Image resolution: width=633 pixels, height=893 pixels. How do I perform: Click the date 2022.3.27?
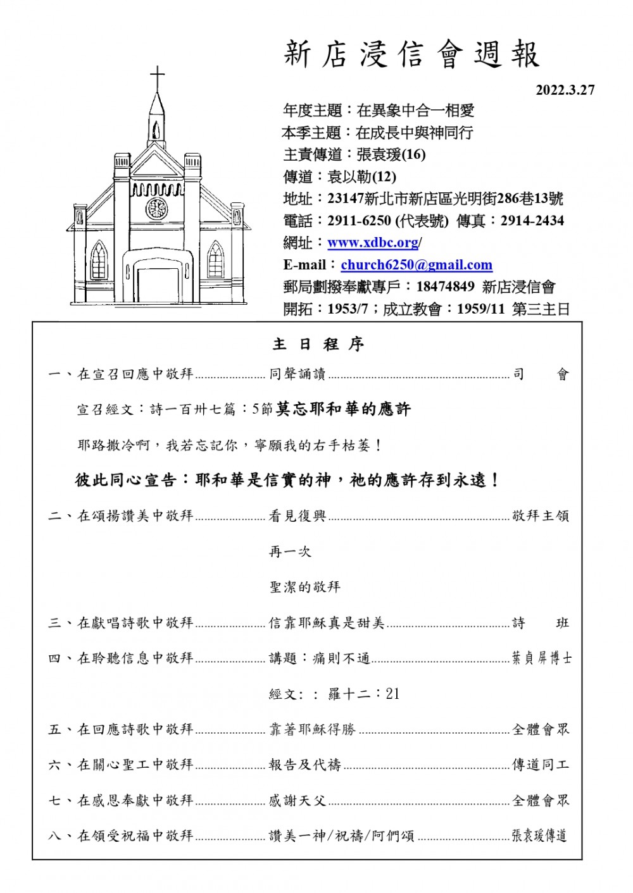tap(565, 90)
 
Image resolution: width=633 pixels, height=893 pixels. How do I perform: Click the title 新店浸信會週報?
tap(411, 54)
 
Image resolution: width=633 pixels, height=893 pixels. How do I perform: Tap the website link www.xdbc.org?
tap(373, 243)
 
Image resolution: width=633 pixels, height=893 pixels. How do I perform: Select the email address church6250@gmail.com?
tap(417, 265)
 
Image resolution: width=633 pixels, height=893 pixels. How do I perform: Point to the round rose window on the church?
tap(156, 208)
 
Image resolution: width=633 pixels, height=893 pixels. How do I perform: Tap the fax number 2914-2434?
tap(532, 221)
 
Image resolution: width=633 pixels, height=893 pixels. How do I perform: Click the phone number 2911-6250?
tap(359, 221)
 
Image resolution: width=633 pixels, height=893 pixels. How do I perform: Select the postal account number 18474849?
tap(445, 286)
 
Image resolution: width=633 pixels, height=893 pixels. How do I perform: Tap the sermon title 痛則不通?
tap(342, 658)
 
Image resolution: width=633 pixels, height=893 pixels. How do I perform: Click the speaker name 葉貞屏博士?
tap(541, 658)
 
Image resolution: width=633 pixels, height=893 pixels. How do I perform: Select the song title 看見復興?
tap(297, 516)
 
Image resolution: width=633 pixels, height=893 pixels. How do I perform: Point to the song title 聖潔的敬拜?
tap(304, 587)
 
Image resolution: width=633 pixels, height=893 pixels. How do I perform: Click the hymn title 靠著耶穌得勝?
tap(312, 729)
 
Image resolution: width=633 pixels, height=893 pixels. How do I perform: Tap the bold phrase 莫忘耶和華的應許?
tap(343, 410)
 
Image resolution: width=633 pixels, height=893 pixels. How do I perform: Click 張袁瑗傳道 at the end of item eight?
tap(539, 836)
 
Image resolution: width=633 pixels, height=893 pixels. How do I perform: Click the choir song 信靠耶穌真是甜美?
tap(327, 623)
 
